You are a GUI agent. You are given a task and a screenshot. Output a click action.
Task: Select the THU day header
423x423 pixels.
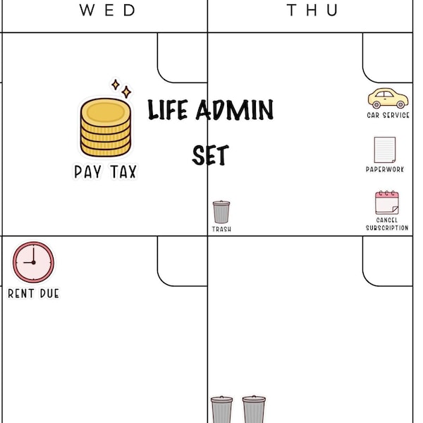(x=312, y=10)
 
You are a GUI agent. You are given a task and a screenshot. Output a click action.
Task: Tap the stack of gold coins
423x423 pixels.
(x=106, y=128)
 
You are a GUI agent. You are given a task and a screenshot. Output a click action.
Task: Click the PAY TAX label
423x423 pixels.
(x=106, y=171)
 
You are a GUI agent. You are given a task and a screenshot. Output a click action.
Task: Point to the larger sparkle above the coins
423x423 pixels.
(x=125, y=92)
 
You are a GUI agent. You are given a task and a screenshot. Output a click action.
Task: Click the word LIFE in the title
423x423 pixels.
(x=166, y=111)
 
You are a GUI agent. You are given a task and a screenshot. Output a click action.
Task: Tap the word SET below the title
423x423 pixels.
(x=210, y=155)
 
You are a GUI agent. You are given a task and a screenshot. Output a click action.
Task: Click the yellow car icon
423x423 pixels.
(x=387, y=98)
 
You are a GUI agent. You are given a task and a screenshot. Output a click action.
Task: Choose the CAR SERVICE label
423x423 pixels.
(x=388, y=115)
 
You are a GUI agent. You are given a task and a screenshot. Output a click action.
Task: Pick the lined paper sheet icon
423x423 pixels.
(x=384, y=149)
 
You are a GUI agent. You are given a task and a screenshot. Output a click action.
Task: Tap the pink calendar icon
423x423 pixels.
(x=387, y=203)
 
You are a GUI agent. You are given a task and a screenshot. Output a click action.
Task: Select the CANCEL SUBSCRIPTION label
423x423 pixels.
(x=387, y=224)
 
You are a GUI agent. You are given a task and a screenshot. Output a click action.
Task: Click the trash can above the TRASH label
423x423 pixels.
(x=221, y=211)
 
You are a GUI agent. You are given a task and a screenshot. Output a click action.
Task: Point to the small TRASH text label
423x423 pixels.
(x=221, y=230)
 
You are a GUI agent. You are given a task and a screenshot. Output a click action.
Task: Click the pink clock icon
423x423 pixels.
(x=33, y=262)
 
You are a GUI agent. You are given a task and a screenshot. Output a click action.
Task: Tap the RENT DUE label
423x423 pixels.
(x=33, y=293)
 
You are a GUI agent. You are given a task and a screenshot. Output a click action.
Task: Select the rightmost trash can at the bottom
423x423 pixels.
(x=254, y=410)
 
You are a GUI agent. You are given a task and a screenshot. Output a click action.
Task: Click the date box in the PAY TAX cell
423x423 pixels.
(x=183, y=58)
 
